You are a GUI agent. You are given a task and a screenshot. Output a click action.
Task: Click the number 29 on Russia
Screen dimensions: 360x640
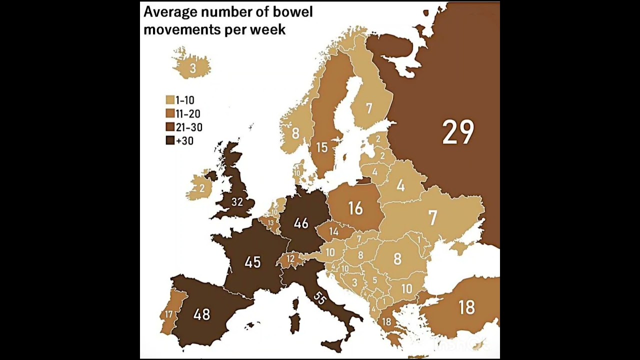click(458, 132)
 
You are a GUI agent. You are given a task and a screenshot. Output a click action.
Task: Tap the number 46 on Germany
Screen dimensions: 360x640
click(301, 223)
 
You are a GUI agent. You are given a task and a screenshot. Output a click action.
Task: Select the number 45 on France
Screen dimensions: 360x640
click(252, 262)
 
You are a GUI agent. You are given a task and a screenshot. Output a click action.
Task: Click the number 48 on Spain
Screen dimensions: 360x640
click(202, 314)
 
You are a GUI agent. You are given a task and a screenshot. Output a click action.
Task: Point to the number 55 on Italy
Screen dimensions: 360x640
click(320, 299)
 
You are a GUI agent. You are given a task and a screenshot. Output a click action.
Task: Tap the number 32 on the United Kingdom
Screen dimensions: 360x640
click(237, 202)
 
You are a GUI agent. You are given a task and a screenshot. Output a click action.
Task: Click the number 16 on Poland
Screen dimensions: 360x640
click(355, 208)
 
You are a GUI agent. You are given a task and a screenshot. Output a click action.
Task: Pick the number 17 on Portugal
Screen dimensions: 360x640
click(168, 314)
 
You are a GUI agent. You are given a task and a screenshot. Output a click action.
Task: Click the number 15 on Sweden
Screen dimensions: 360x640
click(321, 147)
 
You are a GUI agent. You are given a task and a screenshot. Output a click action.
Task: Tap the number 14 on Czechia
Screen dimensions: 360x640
click(334, 231)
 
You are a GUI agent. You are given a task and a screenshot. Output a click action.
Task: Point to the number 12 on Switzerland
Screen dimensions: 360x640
click(290, 258)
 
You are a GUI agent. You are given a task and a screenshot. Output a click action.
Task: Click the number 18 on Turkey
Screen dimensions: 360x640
click(466, 307)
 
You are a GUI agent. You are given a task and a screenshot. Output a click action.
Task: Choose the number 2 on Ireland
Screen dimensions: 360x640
click(202, 188)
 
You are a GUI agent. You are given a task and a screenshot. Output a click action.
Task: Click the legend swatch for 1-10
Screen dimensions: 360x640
click(170, 100)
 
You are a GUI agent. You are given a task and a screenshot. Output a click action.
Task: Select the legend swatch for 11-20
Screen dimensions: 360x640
click(170, 113)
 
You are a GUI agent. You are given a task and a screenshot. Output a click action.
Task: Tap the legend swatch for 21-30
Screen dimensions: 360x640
click(170, 127)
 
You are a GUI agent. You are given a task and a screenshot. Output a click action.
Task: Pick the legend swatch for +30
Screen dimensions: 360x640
click(170, 140)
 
